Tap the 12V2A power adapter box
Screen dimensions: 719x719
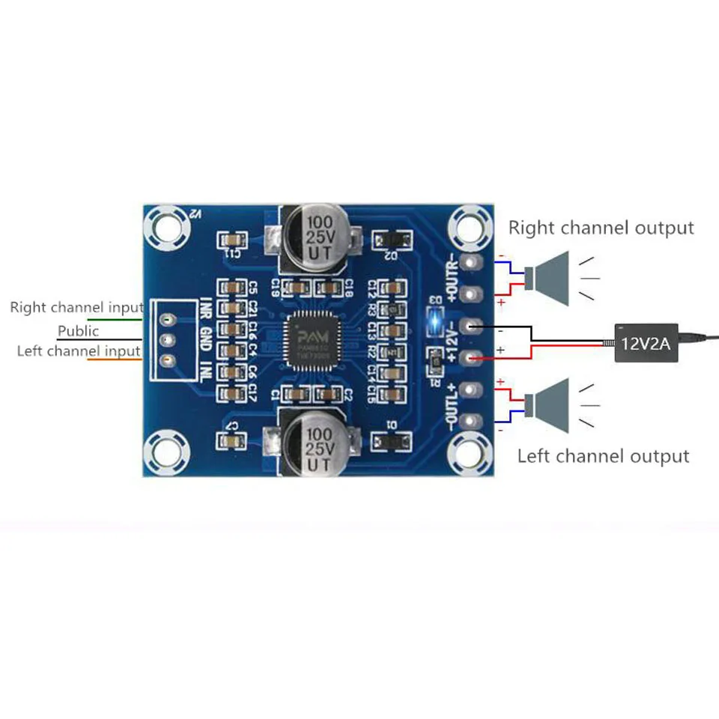tap(646, 343)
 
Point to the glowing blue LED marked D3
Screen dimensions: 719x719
tap(433, 323)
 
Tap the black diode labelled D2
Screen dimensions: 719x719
tap(390, 240)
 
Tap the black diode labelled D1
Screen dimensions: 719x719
tap(390, 441)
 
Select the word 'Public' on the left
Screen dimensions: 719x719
tap(78, 330)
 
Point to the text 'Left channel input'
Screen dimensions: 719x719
tap(79, 351)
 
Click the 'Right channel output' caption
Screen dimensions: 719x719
tap(601, 228)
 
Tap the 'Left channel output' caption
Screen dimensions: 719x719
tap(603, 455)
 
